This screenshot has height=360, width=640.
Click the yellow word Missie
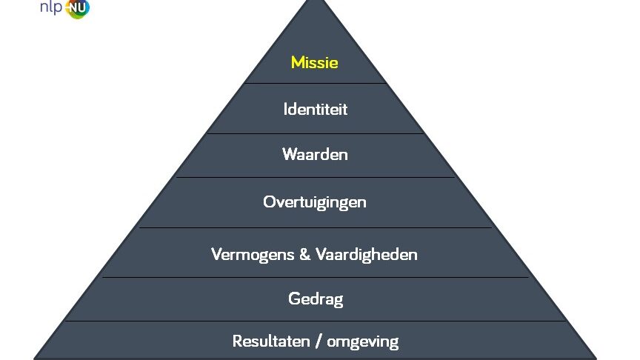314,62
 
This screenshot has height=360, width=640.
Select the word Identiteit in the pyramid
315,109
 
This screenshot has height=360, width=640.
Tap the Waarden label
315,154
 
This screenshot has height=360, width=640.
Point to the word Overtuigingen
314,202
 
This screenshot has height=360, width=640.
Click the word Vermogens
253,255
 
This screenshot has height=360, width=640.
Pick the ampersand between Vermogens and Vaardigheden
305,254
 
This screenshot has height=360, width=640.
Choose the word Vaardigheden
367,255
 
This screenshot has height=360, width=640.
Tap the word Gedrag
316,299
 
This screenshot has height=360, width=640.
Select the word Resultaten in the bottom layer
271,341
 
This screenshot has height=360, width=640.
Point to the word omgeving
362,342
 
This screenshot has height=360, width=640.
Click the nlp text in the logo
51,7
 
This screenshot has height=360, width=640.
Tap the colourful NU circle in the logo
77,7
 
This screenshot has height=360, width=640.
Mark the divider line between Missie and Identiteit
315,83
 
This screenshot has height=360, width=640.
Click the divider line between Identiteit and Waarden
315,133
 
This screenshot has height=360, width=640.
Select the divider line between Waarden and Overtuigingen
315,177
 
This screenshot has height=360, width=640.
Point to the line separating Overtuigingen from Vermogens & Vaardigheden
316,227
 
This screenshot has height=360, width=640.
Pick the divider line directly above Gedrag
315,278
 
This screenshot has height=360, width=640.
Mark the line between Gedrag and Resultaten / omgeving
315,321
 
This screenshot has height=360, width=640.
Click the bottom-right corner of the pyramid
597,359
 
